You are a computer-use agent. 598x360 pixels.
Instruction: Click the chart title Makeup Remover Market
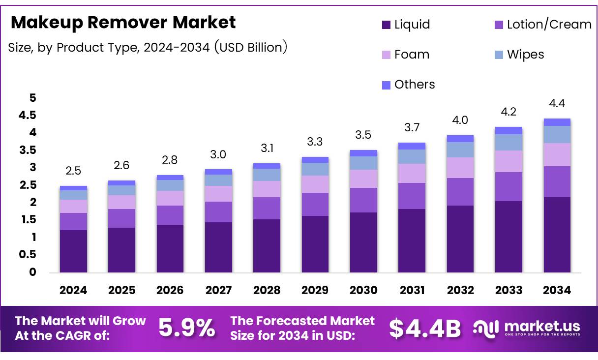pos(123,23)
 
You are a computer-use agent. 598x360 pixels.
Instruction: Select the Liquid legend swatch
pos(386,25)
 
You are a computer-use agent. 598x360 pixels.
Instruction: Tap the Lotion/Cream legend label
pos(549,25)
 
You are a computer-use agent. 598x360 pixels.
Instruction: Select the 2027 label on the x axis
pos(218,290)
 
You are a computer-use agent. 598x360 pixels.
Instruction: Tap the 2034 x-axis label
pos(557,290)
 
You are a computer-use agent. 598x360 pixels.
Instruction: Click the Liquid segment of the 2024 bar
pos(73,251)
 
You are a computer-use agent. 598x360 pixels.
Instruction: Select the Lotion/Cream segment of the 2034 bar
pos(557,181)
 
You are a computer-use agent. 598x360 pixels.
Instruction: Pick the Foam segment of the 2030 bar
pos(363,179)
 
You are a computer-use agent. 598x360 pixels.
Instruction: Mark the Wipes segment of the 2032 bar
pos(460,150)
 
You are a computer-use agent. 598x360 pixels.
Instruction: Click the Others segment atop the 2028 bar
pos(267,166)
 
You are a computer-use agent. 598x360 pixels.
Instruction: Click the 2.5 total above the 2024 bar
pos(73,171)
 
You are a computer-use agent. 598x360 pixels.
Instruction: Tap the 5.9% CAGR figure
pos(187,329)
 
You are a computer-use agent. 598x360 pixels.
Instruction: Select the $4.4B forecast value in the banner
pos(425,329)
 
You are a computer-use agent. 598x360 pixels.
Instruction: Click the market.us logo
pos(527,328)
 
